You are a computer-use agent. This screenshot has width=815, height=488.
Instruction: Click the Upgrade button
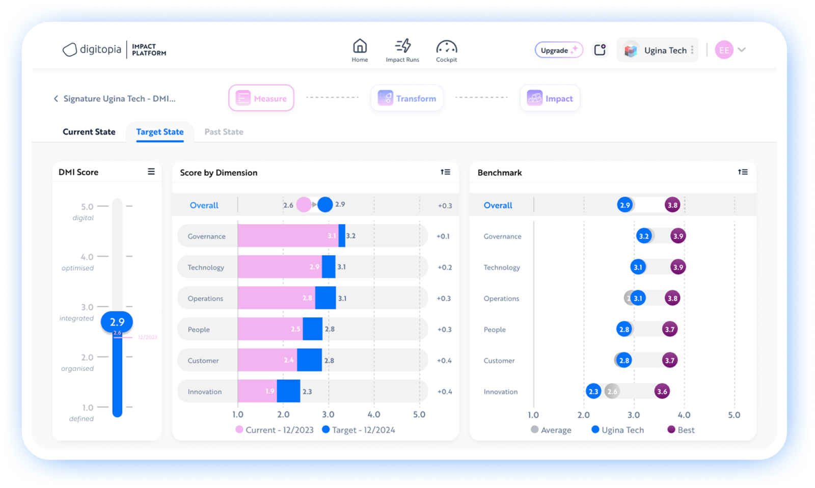(558, 50)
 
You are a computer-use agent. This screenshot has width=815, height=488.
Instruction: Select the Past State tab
(224, 132)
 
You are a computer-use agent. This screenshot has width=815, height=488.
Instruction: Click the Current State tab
(89, 132)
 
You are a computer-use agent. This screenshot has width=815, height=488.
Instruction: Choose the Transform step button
(406, 98)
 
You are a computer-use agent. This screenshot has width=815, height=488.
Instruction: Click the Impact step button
(550, 98)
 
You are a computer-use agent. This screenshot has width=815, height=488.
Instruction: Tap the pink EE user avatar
(724, 50)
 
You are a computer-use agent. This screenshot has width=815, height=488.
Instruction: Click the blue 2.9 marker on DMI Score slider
(117, 322)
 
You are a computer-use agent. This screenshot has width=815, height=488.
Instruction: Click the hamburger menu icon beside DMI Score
(151, 172)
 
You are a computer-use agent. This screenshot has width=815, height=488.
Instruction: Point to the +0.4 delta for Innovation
(444, 392)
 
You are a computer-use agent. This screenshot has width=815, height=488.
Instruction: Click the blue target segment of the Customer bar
(309, 360)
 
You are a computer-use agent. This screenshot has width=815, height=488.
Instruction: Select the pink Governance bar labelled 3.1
(287, 236)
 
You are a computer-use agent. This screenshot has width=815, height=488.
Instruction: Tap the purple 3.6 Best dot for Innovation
(662, 392)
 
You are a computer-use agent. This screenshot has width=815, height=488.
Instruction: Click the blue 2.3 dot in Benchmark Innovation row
(593, 392)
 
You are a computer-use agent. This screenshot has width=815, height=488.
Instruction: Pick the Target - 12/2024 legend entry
(359, 430)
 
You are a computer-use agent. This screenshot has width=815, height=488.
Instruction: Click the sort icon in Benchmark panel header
(743, 172)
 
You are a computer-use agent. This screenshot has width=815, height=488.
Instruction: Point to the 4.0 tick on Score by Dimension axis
(373, 415)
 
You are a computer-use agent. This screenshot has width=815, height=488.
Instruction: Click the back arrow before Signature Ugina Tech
(56, 99)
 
